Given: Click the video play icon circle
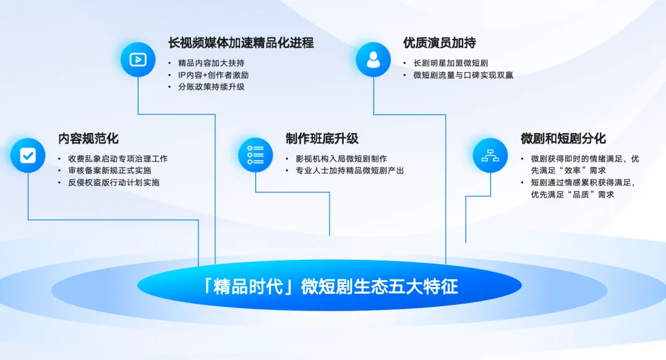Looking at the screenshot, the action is point(138,59).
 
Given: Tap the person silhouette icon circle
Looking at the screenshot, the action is point(374,59).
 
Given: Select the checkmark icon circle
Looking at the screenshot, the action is point(28,155).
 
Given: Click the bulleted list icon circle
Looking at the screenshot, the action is point(255,155).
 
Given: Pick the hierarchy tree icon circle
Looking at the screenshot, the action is point(490,155).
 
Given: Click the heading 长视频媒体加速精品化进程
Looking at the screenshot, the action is point(241,43).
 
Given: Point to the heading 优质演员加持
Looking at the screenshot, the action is point(440,43).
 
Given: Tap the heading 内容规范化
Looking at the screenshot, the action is point(88,139).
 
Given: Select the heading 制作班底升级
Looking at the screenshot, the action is point(322,139).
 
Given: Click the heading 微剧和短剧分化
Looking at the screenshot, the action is point(563,139).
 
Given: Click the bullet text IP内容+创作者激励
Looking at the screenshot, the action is point(213,75).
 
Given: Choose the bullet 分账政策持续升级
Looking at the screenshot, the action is point(211,87).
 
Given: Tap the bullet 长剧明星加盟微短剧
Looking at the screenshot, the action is point(451,63).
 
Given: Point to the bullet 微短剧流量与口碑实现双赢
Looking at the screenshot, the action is point(463,75).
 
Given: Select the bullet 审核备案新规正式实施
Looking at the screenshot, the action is point(109,171).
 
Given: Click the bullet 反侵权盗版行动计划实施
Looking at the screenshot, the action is point(114,182).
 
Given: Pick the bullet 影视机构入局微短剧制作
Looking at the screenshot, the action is point(341,159).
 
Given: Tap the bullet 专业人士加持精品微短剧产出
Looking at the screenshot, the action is point(350,171).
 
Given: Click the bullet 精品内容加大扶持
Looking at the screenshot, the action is point(211,63).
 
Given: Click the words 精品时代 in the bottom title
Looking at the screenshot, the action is point(248,286).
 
